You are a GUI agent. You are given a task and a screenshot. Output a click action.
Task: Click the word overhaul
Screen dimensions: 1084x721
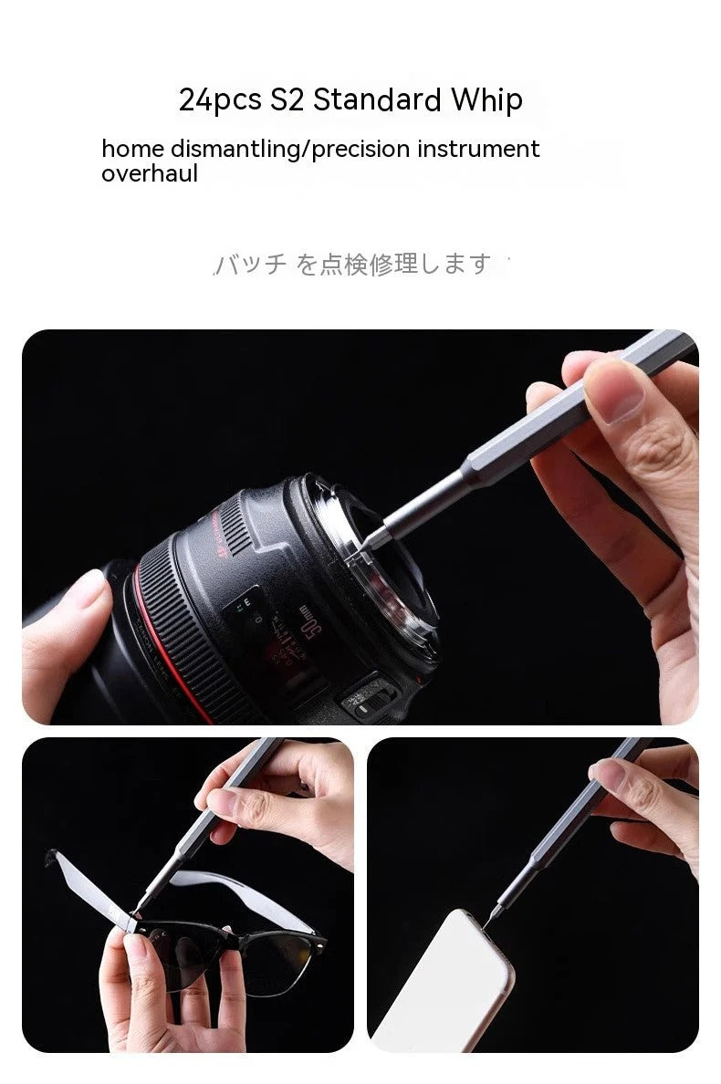(x=149, y=173)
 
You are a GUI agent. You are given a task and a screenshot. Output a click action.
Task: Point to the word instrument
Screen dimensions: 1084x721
(x=478, y=149)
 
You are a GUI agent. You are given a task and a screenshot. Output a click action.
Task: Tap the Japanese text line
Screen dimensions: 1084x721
(x=356, y=265)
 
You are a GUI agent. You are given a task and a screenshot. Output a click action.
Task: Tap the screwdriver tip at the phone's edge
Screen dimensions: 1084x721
(x=486, y=922)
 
